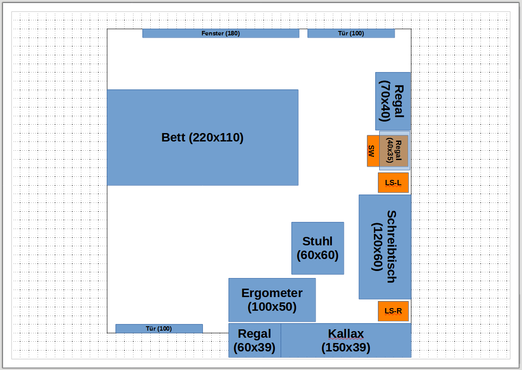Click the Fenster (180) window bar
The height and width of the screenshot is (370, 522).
221,33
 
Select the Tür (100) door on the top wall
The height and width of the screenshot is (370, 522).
351,33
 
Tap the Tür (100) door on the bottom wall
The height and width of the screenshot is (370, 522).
159,329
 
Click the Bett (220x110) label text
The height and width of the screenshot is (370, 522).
202,137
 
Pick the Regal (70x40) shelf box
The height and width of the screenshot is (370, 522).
393,101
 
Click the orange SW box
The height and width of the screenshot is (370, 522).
373,151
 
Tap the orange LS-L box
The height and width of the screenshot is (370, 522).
393,183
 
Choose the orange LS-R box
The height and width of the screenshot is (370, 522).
393,311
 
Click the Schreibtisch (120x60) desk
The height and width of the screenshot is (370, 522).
385,247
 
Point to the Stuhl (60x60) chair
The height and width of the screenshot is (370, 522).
318,248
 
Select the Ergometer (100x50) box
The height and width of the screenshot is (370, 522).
272,300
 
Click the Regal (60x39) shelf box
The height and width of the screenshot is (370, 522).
255,340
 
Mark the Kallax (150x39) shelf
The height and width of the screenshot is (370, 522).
346,340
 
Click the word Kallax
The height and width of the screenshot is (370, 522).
346,333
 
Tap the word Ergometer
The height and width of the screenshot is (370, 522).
272,293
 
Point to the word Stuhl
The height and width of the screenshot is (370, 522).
317,241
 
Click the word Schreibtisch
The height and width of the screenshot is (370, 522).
392,247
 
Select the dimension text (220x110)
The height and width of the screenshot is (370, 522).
217,137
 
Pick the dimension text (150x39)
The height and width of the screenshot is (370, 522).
346,347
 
